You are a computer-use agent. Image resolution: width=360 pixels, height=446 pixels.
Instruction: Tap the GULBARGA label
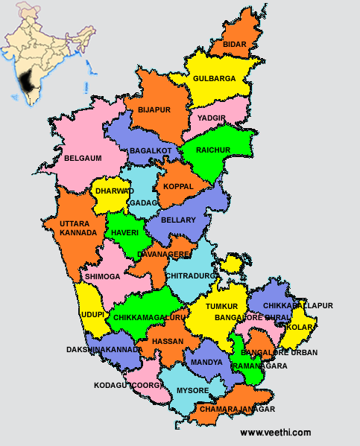click(x=214, y=78)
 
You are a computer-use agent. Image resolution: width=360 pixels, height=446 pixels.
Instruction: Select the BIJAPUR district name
click(x=154, y=109)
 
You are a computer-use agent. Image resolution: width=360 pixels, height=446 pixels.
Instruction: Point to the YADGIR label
click(x=212, y=118)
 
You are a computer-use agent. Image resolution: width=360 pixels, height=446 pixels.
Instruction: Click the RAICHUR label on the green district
click(x=214, y=150)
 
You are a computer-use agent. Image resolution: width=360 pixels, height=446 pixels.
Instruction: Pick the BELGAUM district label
click(x=83, y=158)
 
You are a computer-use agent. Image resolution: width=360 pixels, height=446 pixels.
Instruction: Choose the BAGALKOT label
click(x=151, y=151)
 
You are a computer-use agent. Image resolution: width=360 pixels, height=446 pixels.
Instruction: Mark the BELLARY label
click(x=177, y=220)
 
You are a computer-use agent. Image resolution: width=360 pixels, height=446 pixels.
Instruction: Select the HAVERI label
click(x=124, y=232)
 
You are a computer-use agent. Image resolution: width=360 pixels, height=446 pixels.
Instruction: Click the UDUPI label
click(x=92, y=315)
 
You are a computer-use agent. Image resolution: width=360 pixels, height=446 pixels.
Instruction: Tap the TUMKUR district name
click(x=222, y=307)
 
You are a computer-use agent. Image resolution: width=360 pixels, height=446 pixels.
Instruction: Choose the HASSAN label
click(x=167, y=341)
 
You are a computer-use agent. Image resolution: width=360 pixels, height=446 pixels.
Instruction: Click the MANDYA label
click(x=206, y=363)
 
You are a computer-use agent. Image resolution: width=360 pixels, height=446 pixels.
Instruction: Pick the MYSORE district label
click(x=193, y=390)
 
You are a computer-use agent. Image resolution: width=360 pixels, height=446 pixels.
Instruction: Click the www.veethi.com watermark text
click(x=275, y=433)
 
